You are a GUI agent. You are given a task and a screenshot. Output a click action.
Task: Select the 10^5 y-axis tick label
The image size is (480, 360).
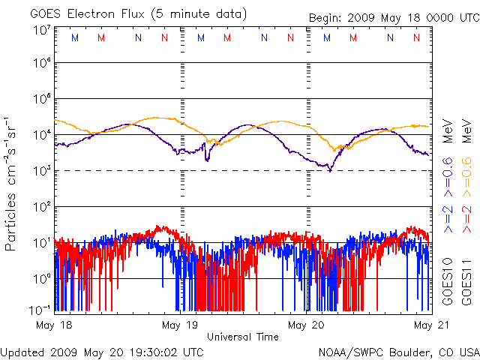tap(41, 100)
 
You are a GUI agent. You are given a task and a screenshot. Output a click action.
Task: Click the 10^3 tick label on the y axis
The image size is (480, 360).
tap(41, 172)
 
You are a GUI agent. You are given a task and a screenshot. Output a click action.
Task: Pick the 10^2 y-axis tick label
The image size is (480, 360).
tap(41, 207)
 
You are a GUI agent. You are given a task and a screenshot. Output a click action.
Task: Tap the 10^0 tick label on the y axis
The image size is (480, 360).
tap(41, 279)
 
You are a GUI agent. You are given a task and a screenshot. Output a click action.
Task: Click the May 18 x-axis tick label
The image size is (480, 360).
tap(55, 325)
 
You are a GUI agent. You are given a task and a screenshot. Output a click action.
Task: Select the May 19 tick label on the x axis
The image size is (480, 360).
tap(181, 325)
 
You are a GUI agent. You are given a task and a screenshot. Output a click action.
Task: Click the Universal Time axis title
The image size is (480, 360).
tap(242, 337)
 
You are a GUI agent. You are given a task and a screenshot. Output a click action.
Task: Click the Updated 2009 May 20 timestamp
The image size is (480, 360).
tap(102, 352)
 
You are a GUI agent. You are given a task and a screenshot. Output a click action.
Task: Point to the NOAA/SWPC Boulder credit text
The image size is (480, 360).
tap(398, 352)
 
